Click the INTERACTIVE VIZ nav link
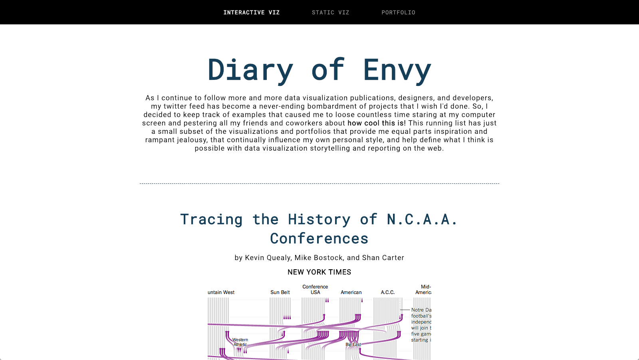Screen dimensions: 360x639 251,12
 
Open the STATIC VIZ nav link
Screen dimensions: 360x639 330,12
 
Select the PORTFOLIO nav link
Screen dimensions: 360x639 398,12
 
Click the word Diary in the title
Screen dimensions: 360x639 250,70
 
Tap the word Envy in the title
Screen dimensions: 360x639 397,70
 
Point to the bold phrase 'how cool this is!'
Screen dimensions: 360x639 377,123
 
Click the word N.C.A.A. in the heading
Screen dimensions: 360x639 422,219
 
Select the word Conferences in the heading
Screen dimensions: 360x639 319,239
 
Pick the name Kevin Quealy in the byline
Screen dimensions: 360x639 268,258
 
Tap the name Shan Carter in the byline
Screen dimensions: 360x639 383,258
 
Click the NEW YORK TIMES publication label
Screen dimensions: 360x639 319,272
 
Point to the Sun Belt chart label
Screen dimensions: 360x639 280,292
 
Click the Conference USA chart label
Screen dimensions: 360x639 315,290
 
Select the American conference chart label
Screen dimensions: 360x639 351,292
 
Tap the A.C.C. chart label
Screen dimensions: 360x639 387,292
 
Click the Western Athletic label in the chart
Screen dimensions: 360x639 240,342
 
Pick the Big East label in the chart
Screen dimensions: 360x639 353,344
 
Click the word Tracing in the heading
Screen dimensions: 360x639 211,219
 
